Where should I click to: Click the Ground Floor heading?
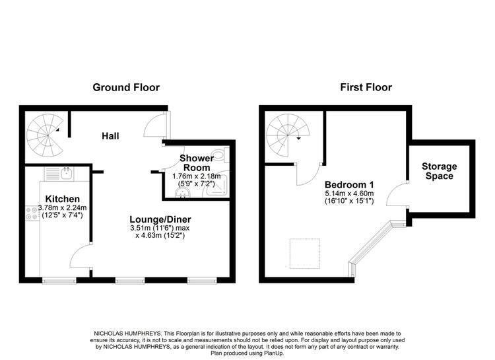coord(126,87)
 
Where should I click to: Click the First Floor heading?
coord(366,87)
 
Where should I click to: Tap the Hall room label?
coord(110,136)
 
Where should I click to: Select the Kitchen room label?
coord(63,199)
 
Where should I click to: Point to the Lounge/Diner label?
coord(160,219)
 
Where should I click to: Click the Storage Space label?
coord(439,171)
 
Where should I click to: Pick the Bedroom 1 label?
coord(349,184)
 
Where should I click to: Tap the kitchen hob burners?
coord(32,213)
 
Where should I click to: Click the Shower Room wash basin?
coord(182,193)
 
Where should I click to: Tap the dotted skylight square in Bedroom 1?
coord(305,254)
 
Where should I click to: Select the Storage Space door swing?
coord(397,194)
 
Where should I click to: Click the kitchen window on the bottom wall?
coord(59,280)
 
